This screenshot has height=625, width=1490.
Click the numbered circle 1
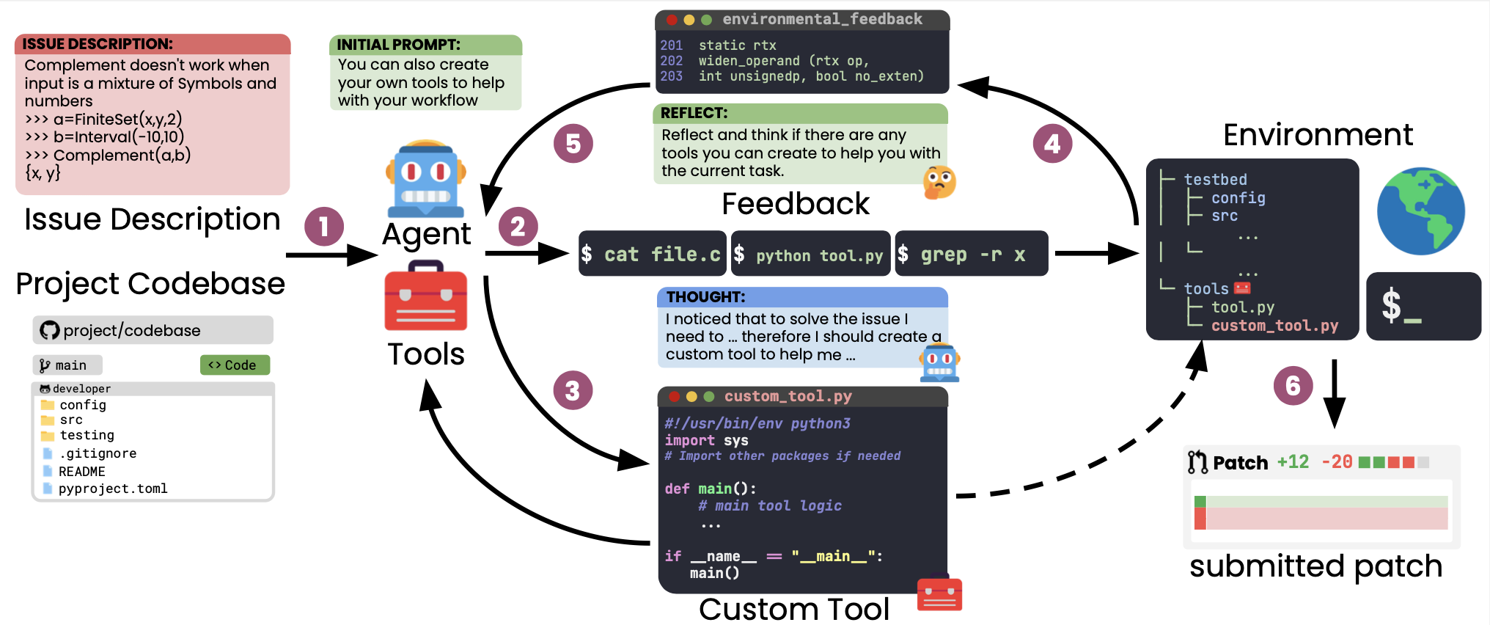[x=323, y=227]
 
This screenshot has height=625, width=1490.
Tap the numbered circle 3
[x=573, y=390]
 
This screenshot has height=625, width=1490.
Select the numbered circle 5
[x=573, y=144]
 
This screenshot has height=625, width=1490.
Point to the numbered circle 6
[x=1293, y=385]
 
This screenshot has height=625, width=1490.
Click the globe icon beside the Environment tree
[x=1420, y=211]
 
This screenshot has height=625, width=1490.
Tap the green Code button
[x=235, y=365]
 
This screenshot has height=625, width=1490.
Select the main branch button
[x=67, y=365]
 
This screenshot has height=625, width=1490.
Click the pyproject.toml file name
[x=113, y=489]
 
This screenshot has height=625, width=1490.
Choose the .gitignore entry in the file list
[x=98, y=453]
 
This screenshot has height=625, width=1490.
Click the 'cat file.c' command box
[x=652, y=254]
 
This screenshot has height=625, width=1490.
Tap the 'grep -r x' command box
[x=972, y=254]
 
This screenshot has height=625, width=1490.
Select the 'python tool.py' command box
[x=811, y=254]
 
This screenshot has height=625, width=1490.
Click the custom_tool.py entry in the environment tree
[x=1274, y=325]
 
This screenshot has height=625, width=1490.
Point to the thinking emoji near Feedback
[x=939, y=183]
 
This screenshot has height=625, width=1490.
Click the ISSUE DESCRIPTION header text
[x=98, y=44]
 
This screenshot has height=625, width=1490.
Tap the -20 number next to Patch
[x=1336, y=461]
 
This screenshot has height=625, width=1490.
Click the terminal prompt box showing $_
[x=1423, y=306]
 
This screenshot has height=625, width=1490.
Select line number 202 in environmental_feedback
[x=671, y=61]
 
